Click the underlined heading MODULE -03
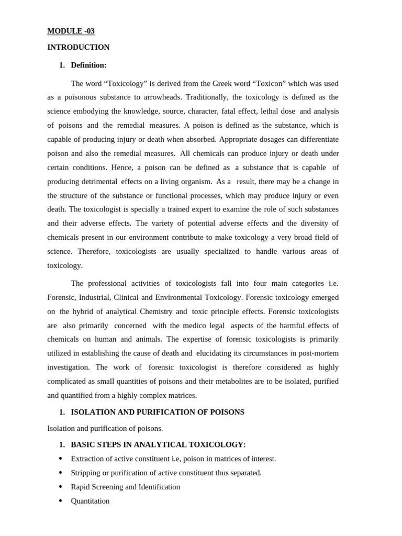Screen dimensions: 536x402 (x=71, y=31)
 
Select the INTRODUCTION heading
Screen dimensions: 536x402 (x=79, y=47)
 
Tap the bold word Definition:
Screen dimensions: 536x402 (x=88, y=65)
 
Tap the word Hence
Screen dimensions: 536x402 (x=122, y=167)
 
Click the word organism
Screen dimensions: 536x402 (x=195, y=182)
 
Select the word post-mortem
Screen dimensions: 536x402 (x=318, y=353)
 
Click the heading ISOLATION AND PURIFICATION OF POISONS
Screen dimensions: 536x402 (x=158, y=412)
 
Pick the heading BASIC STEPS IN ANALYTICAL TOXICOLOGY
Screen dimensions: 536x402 (x=158, y=444)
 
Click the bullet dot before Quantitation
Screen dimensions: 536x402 (x=60, y=501)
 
